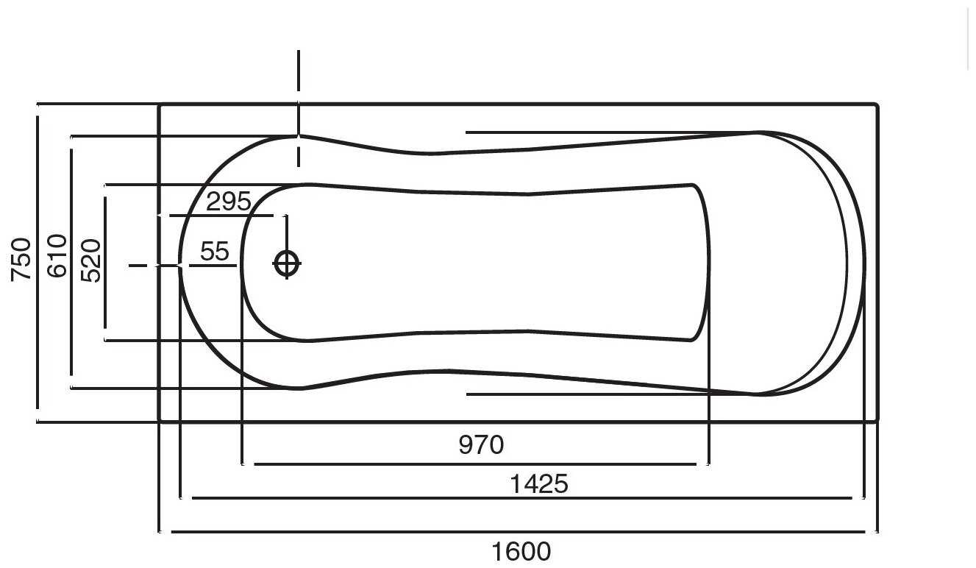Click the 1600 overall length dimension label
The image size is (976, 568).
tap(521, 551)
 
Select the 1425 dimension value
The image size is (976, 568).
tap(539, 483)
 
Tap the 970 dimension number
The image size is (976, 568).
tap(481, 444)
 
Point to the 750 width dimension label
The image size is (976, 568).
tap(22, 258)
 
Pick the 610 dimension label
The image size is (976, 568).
tap(57, 255)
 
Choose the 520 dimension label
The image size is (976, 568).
tap(91, 260)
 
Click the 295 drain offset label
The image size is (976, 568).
tap(228, 201)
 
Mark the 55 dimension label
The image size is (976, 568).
tap(215, 252)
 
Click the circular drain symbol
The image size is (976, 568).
tap(286, 263)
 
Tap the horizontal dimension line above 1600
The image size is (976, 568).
tap(518, 531)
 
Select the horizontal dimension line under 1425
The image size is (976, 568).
tap(522, 498)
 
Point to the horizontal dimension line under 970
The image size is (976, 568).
tap(474, 464)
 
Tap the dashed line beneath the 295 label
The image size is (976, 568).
tap(221, 216)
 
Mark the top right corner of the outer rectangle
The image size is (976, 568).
tap(877, 105)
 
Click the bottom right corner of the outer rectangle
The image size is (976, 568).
tap(877, 421)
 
